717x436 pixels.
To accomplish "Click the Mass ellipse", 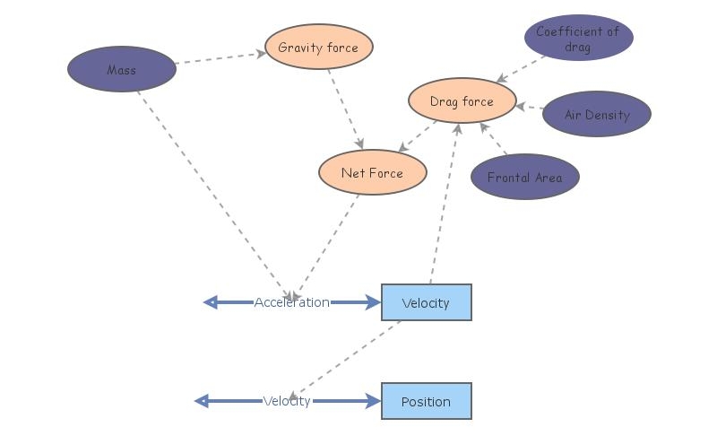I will [x=122, y=69].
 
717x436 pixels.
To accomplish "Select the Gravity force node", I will [x=318, y=48].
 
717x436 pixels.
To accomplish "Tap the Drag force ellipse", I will [x=462, y=101].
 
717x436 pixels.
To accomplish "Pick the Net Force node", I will [x=372, y=172].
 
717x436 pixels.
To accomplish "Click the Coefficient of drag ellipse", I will [x=578, y=38].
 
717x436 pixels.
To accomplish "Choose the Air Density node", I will [x=597, y=115].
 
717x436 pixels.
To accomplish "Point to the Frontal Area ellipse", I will [x=524, y=177].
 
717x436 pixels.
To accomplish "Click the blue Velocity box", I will [x=426, y=302].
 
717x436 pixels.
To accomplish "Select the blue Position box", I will [x=426, y=401].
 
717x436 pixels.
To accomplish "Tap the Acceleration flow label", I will [x=291, y=302].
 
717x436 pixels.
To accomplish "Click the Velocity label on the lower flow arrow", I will [x=287, y=401].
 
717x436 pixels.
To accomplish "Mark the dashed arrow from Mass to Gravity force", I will [x=220, y=58].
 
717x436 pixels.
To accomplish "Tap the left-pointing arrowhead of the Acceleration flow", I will [x=212, y=302].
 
